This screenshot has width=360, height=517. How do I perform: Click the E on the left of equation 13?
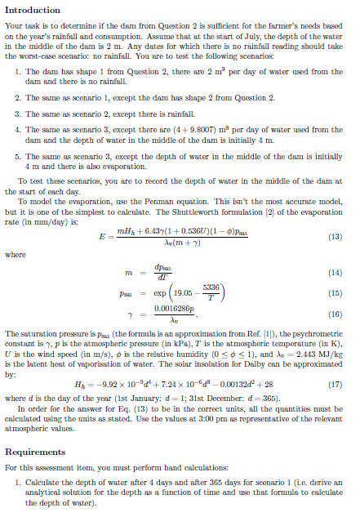[103, 238]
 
